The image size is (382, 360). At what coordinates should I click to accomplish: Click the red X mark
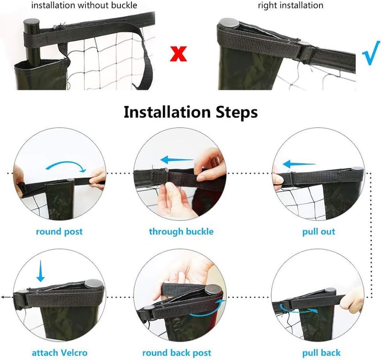(179, 54)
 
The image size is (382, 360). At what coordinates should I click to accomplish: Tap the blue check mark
(371, 53)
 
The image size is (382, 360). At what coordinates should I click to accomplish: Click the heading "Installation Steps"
(191, 112)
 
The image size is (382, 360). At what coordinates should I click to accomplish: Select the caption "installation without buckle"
(85, 5)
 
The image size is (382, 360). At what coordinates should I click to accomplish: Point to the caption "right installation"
(291, 5)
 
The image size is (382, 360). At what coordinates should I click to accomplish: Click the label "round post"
(59, 231)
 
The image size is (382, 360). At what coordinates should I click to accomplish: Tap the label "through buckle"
(181, 231)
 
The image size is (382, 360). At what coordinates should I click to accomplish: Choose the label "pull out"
(318, 231)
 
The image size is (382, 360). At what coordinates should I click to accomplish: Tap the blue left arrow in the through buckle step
(177, 160)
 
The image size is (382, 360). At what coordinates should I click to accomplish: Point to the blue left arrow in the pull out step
(299, 164)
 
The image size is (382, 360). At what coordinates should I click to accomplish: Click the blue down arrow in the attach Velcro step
(41, 271)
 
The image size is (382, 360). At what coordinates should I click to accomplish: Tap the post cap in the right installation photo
(229, 23)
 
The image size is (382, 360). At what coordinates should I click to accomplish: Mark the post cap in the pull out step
(357, 169)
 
